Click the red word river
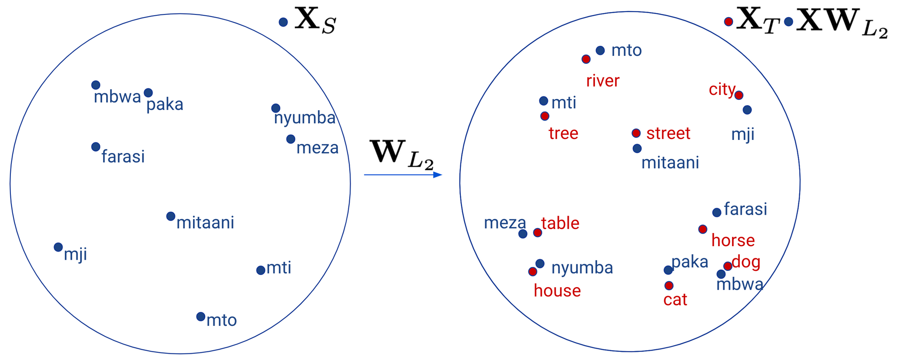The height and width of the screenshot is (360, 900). tap(603, 81)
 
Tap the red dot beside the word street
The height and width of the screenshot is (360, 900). tap(636, 133)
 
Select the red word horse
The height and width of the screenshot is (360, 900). tap(733, 240)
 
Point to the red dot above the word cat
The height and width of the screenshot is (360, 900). tap(669, 285)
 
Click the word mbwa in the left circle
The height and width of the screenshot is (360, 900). tap(117, 97)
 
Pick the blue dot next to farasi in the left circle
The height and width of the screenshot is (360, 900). tap(95, 147)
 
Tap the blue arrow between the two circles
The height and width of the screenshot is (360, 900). tap(403, 175)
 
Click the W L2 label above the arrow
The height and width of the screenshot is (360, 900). tap(402, 154)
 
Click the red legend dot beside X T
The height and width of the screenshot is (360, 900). tap(729, 21)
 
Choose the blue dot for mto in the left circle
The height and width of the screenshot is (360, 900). tap(201, 316)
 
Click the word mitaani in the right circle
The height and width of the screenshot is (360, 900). tap(670, 162)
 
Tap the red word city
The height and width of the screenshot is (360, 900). tap(722, 90)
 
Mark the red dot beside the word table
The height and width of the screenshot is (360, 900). tap(537, 232)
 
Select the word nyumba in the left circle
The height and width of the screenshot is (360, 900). tap(305, 118)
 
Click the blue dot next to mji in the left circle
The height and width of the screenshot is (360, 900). tap(58, 247)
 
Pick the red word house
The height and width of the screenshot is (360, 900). tap(557, 291)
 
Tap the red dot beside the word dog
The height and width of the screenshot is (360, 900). tap(728, 266)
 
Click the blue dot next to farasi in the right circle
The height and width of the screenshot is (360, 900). tap(717, 212)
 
